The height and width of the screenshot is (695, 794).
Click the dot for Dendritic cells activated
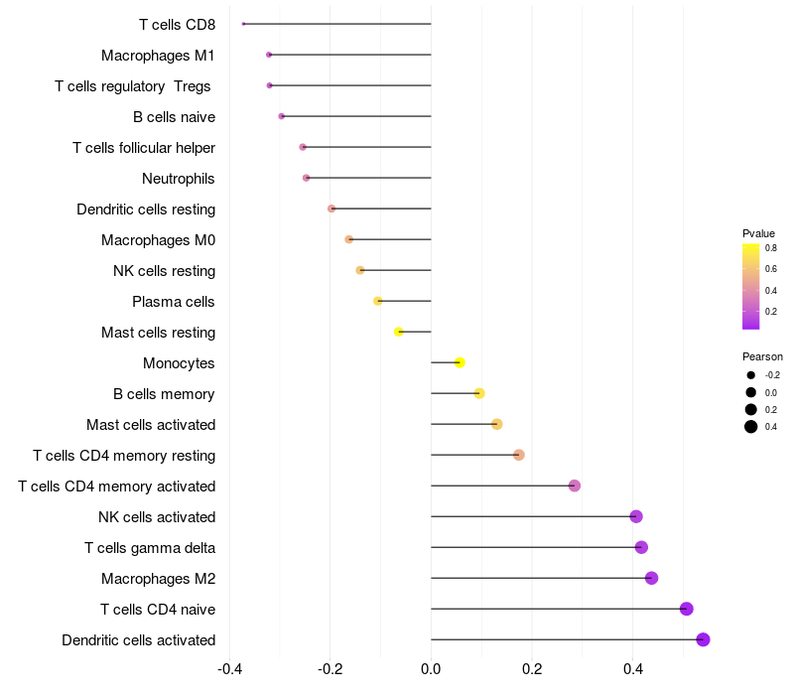703,639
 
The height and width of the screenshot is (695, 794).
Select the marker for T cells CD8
243,24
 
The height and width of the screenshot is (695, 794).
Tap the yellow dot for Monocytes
460,362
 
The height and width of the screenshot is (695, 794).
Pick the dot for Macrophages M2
651,578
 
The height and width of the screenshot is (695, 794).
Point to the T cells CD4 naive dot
686,609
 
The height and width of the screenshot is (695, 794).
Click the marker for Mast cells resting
399,332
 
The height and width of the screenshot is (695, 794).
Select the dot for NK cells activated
636,516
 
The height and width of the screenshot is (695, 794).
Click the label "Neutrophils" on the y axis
179,179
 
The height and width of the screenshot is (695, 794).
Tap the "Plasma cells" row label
174,302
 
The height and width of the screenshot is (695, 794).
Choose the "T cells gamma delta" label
150,548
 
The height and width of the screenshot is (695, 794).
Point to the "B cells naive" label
174,117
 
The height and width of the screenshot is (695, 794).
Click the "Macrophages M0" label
158,240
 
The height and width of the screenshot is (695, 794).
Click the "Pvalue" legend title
758,233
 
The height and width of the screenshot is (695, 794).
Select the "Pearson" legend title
762,356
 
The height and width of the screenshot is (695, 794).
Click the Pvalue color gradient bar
751,286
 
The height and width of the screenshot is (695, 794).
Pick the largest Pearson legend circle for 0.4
751,427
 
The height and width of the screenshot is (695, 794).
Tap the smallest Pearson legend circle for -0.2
751,375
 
